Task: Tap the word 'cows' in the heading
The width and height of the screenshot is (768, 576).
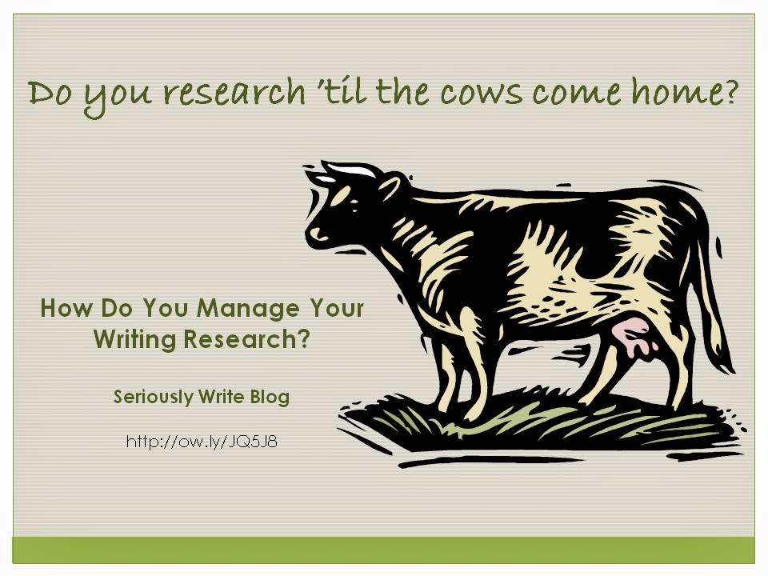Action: (x=481, y=93)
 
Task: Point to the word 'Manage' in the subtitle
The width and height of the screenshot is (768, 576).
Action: (x=248, y=310)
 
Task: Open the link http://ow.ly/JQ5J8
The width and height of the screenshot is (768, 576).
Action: (x=202, y=442)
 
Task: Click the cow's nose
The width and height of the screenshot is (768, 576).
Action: (x=318, y=233)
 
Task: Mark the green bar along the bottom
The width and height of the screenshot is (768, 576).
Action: (x=383, y=550)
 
